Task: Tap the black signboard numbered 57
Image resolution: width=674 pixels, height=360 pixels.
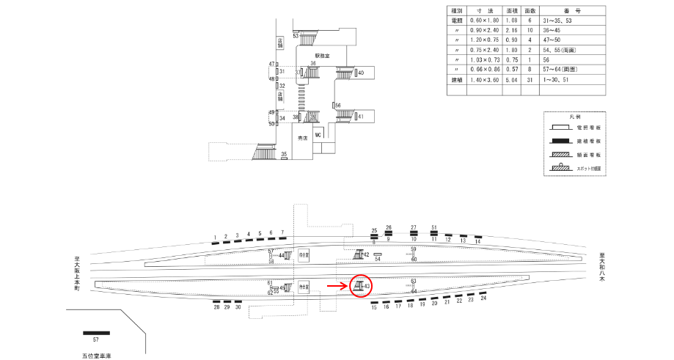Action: (x=96, y=333)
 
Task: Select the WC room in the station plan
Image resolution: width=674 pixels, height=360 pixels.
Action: (x=318, y=136)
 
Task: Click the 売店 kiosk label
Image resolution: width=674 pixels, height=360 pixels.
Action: (x=301, y=138)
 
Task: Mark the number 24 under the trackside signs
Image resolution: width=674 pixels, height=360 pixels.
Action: (x=483, y=298)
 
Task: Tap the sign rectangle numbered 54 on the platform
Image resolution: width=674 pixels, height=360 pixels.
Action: (x=378, y=254)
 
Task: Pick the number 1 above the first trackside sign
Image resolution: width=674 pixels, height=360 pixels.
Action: (x=215, y=237)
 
